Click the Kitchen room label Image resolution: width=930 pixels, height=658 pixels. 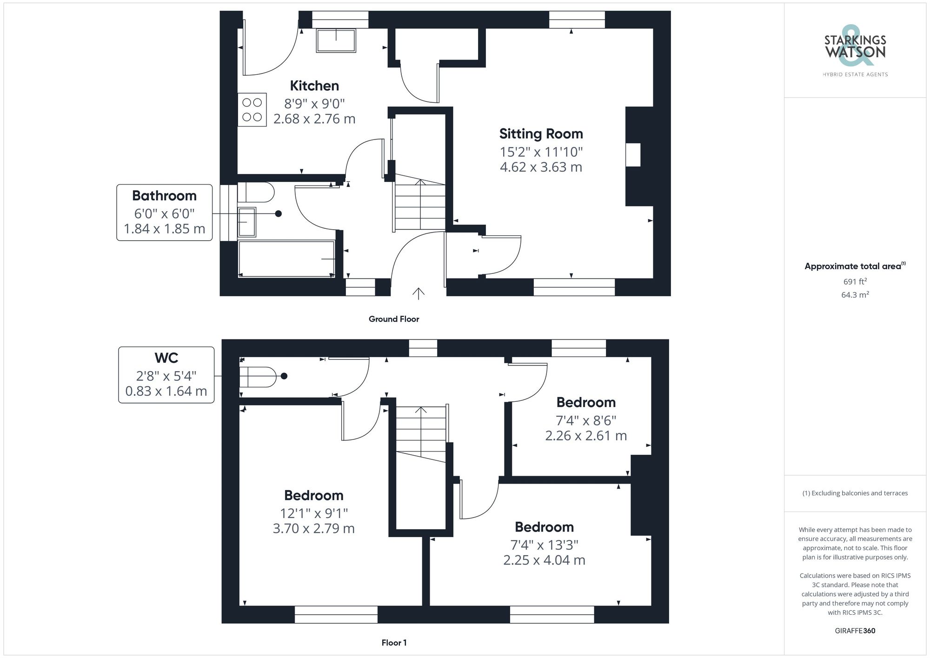(314, 86)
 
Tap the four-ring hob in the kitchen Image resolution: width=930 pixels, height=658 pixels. (252, 110)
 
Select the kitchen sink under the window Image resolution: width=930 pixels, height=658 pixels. (336, 40)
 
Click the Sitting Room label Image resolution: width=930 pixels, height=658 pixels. (541, 134)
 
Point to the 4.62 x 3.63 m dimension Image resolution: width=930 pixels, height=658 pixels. (541, 167)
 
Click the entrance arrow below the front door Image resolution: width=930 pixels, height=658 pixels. (418, 293)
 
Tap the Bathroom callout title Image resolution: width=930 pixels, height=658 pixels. (164, 196)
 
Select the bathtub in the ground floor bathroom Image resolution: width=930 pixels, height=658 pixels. (286, 259)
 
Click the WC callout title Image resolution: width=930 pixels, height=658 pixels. (166, 358)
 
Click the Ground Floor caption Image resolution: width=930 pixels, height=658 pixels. (394, 319)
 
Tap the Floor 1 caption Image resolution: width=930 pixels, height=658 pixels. (394, 643)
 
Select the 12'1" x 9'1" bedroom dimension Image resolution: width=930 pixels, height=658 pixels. (314, 513)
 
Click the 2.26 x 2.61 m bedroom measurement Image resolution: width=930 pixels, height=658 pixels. (586, 436)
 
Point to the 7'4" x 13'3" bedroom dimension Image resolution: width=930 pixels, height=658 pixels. (544, 545)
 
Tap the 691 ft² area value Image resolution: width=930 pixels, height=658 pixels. (855, 281)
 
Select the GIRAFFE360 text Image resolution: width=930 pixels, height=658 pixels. (855, 631)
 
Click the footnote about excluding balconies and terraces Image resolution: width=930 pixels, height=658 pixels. (855, 493)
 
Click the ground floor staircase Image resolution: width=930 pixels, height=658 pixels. (420, 205)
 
